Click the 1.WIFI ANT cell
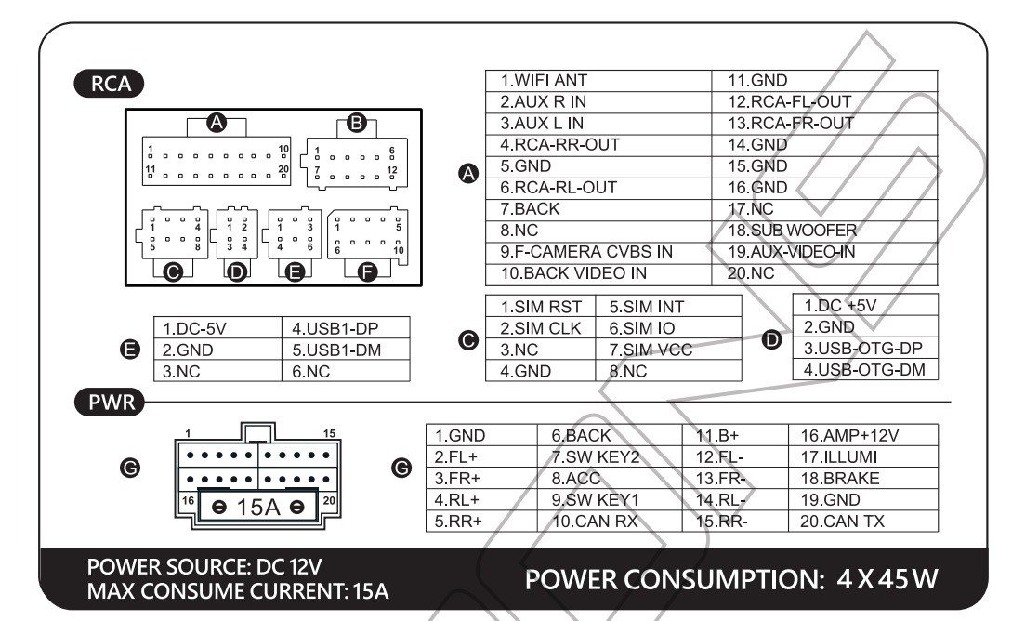pos(544,81)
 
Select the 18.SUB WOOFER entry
pos(792,230)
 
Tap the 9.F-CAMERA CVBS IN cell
pos(585,252)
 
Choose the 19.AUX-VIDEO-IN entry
pos(792,252)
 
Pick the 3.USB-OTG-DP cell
pos(863,349)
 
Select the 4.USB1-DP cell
pos(336,328)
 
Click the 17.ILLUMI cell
pos(838,457)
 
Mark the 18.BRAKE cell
pos(839,479)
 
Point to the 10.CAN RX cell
pos(595,522)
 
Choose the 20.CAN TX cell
pos(842,522)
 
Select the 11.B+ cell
pos(716,435)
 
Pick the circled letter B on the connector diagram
pos(356,122)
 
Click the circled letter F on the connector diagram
pos(368,271)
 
